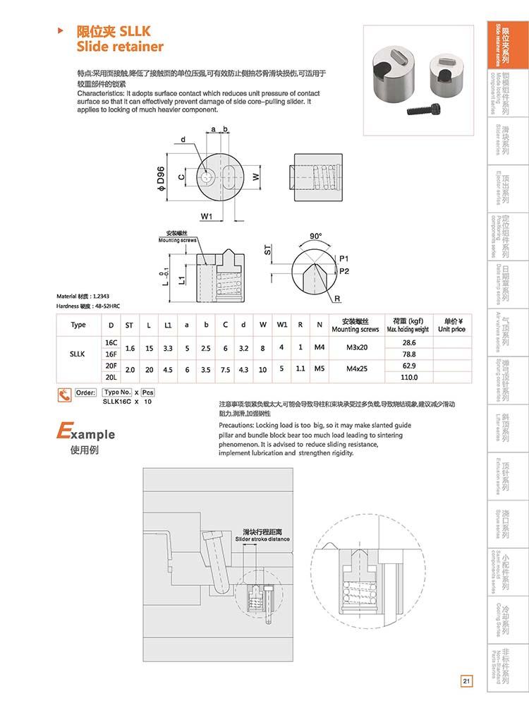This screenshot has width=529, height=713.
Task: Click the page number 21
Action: [x=466, y=681]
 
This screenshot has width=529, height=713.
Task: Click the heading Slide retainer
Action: [x=119, y=47]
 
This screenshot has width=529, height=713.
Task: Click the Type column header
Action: [x=78, y=325]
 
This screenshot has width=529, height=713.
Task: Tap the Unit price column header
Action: [x=451, y=325]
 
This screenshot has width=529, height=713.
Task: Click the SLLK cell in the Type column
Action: [x=78, y=354]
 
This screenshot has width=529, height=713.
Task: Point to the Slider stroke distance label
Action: [x=262, y=539]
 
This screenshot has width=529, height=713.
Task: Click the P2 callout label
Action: [x=343, y=271]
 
